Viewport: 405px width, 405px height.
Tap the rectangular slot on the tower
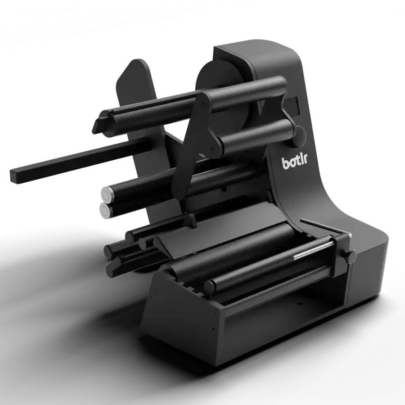(292, 105)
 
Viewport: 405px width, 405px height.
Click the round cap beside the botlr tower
(301, 135)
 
